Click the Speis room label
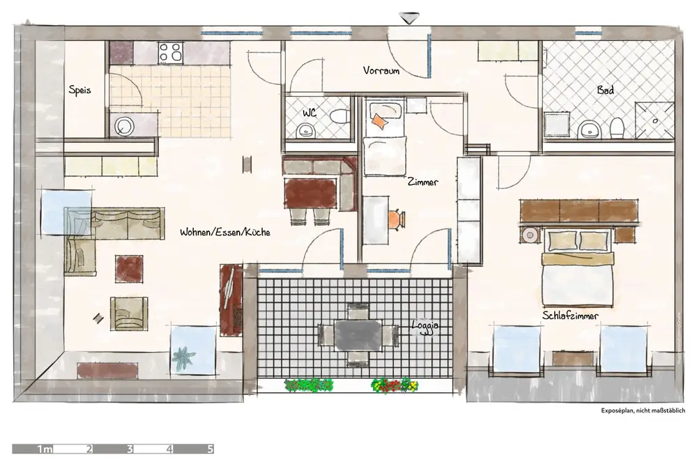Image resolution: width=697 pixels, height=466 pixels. click(x=79, y=90)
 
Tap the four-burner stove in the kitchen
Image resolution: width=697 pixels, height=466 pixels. click(x=171, y=52)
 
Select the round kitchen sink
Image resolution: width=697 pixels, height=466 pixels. click(x=124, y=126)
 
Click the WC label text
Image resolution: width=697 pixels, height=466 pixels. click(x=309, y=113)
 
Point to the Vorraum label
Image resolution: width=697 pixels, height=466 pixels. click(x=381, y=70)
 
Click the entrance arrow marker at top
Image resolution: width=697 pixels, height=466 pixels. click(x=409, y=18)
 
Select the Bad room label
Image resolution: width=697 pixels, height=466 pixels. click(x=606, y=90)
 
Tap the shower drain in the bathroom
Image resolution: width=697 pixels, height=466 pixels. click(x=654, y=121)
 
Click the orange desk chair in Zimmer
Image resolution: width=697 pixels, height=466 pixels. click(x=397, y=219)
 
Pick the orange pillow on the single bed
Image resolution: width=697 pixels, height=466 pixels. click(x=379, y=121)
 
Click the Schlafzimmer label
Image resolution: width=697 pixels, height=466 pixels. click(x=570, y=316)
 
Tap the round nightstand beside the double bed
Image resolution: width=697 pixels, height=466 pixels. click(x=530, y=235)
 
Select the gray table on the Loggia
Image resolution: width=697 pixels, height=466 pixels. click(x=358, y=335)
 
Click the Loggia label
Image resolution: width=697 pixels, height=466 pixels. click(x=425, y=326)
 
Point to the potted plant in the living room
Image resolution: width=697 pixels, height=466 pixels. click(x=183, y=359)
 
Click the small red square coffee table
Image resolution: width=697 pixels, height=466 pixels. click(x=129, y=269)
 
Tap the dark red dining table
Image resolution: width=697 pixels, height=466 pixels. click(x=310, y=193)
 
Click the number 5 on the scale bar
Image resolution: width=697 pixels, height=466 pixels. click(x=210, y=449)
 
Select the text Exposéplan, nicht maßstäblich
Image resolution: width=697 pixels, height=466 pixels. click(x=643, y=410)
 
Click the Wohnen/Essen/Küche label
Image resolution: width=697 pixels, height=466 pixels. click(x=225, y=232)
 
